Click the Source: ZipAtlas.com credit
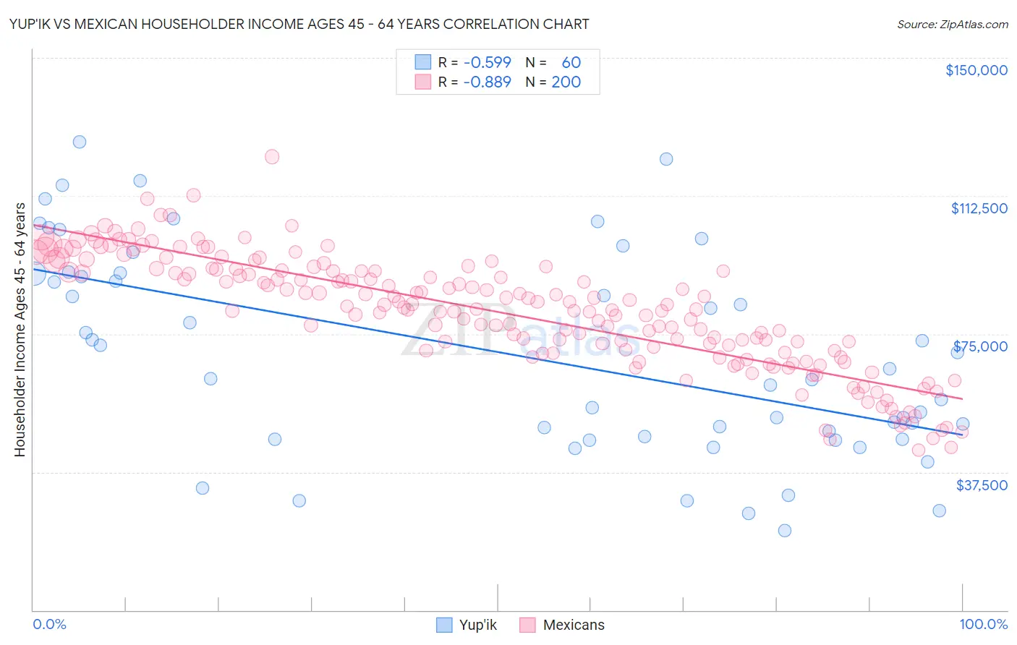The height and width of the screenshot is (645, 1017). click(x=952, y=24)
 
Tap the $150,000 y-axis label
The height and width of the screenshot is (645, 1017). click(x=976, y=70)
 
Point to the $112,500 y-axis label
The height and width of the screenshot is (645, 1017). click(x=979, y=208)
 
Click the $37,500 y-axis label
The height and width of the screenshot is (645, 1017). click(x=981, y=485)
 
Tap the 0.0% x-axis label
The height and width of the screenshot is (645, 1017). click(x=49, y=624)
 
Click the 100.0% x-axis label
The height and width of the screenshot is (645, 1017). click(x=983, y=624)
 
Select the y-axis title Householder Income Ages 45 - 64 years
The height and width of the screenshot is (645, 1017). click(x=20, y=330)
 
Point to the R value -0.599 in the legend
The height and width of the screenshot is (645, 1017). click(x=487, y=62)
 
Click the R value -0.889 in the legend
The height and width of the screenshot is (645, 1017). click(x=487, y=82)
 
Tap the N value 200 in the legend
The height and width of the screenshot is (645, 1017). click(x=566, y=82)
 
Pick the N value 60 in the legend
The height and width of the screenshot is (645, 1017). click(x=571, y=62)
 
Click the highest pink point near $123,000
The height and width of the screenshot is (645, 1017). click(x=272, y=156)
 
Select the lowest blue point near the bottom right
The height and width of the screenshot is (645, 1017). click(x=784, y=530)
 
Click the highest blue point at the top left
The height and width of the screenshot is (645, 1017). click(x=80, y=142)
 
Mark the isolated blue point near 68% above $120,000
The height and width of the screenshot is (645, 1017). click(x=666, y=159)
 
